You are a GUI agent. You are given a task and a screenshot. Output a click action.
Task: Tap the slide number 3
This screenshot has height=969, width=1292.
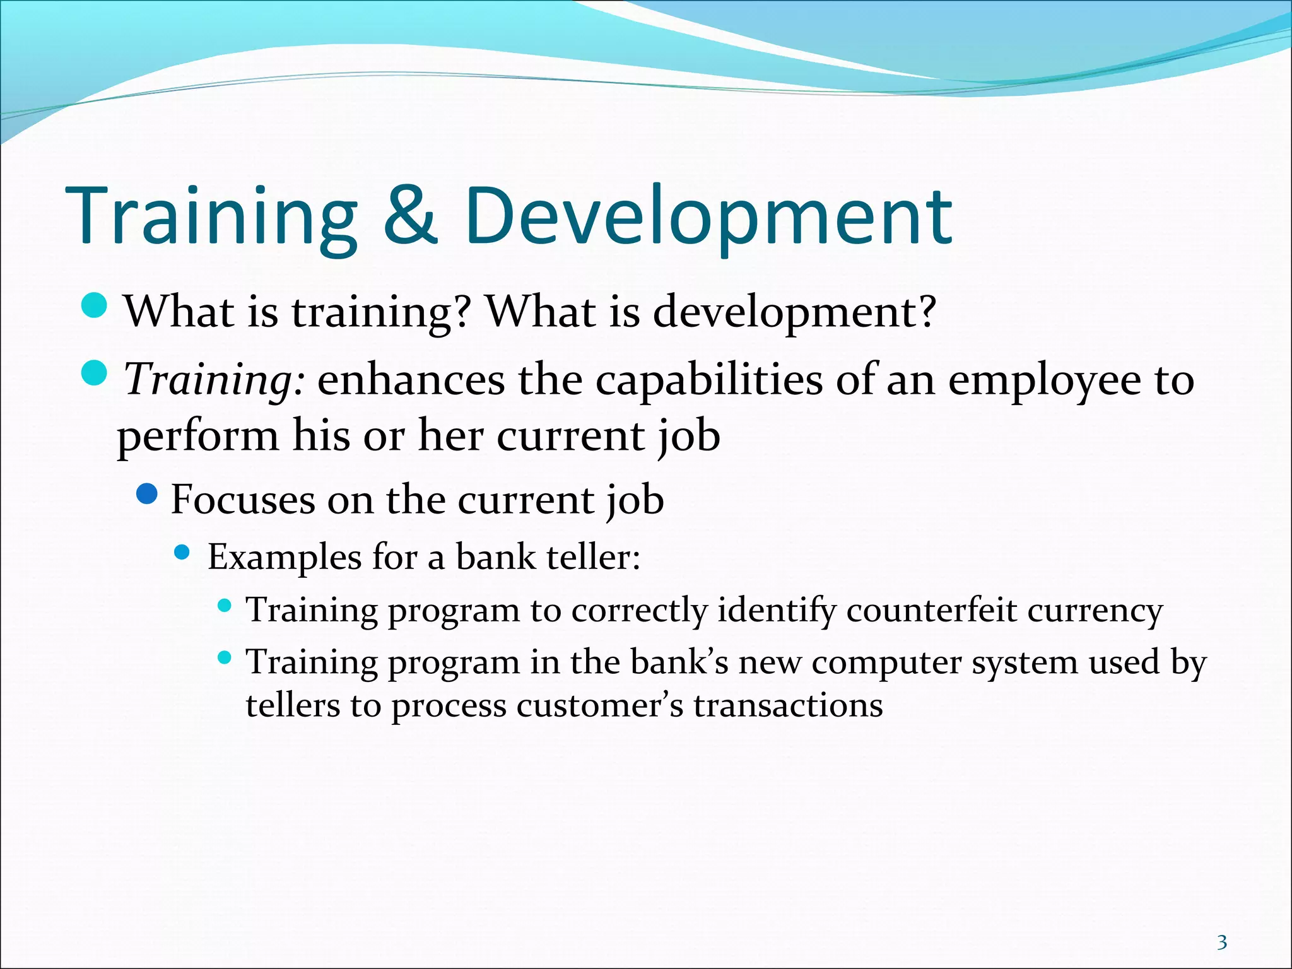click(x=1222, y=925)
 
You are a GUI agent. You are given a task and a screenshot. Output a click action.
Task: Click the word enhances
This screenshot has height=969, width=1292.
click(x=411, y=380)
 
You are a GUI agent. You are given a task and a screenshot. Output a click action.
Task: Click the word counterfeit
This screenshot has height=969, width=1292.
click(x=931, y=611)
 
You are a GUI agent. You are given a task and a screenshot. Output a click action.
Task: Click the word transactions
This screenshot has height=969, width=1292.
click(x=788, y=705)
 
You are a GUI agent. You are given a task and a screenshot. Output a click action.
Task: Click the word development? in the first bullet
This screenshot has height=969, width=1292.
click(x=794, y=312)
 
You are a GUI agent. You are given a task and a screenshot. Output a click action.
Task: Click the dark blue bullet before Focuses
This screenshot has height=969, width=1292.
click(x=146, y=495)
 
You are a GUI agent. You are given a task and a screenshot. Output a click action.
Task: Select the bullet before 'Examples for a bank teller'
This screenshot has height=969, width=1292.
click(x=182, y=553)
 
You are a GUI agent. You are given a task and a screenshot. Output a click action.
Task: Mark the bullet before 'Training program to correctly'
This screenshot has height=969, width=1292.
click(x=224, y=606)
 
